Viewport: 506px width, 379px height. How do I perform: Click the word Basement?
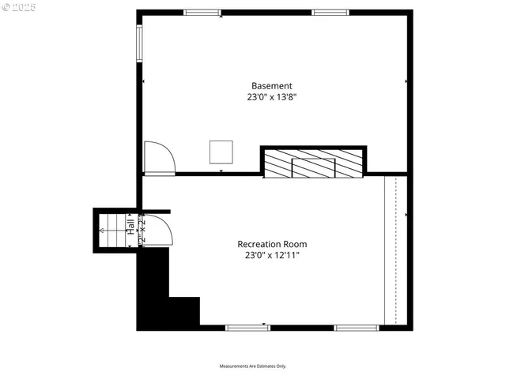click(x=272, y=86)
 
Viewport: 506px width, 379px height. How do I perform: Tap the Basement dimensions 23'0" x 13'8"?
click(x=272, y=97)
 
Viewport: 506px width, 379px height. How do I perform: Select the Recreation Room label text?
click(x=272, y=244)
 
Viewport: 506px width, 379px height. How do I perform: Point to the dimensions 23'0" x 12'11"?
click(x=272, y=255)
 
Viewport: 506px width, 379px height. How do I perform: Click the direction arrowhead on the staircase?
click(x=104, y=231)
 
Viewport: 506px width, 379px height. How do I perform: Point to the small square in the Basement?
click(x=221, y=152)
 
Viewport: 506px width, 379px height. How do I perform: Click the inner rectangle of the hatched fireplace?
click(x=313, y=167)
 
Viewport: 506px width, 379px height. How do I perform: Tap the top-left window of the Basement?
click(x=202, y=13)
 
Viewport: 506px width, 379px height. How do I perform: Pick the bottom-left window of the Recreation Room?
click(x=247, y=327)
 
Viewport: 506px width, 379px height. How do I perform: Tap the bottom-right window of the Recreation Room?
click(x=357, y=327)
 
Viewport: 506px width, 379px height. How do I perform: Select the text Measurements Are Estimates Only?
click(x=253, y=366)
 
